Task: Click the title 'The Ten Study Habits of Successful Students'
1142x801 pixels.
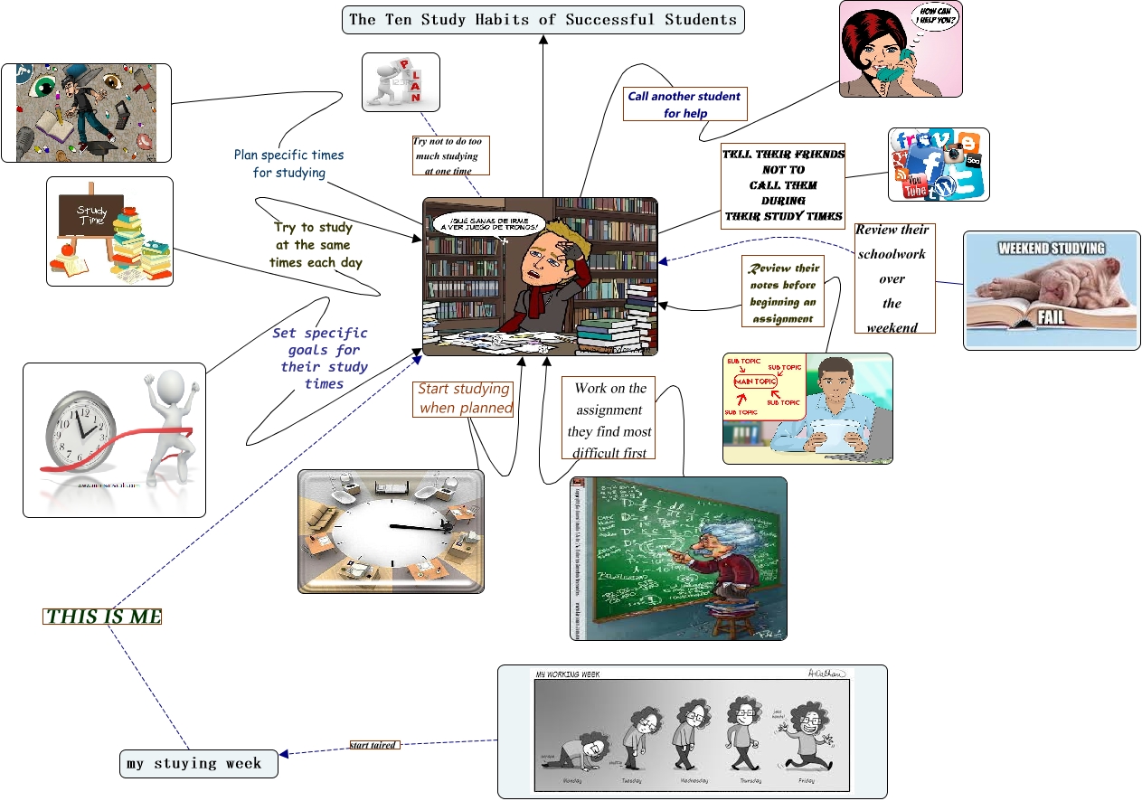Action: (x=543, y=19)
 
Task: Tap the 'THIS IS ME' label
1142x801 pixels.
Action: (x=102, y=617)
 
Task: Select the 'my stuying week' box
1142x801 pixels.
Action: (x=198, y=763)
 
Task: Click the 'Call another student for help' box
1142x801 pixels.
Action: (x=685, y=105)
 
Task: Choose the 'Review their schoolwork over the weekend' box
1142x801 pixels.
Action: (x=892, y=278)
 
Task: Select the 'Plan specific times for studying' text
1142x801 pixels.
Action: (x=289, y=164)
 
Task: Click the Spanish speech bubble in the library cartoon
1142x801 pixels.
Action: (x=489, y=223)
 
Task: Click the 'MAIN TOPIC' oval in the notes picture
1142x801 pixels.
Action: (x=755, y=382)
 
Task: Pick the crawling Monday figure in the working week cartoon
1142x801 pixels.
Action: (x=579, y=750)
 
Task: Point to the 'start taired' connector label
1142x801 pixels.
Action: (x=373, y=745)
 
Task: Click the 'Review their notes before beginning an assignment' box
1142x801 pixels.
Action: (x=783, y=293)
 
